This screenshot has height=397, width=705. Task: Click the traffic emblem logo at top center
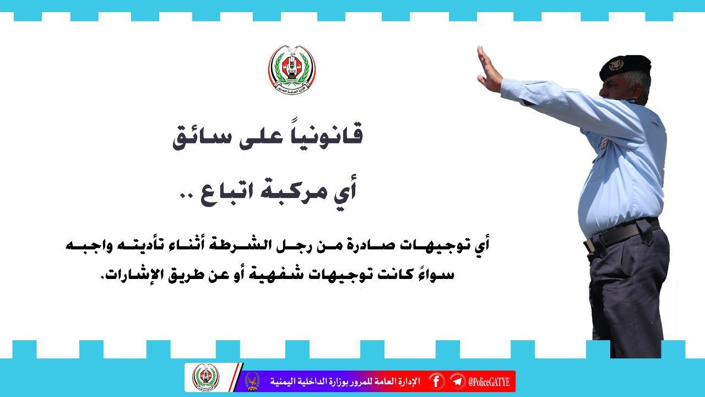[292, 69]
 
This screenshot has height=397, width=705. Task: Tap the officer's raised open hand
[487, 70]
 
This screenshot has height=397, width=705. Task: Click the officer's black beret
[625, 67]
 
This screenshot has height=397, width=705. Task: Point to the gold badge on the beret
[616, 66]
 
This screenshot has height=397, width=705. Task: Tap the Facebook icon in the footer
[436, 382]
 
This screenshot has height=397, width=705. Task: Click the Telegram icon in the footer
[457, 382]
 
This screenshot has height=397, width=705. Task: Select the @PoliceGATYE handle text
[489, 382]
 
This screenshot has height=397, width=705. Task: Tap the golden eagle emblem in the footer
[252, 381]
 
